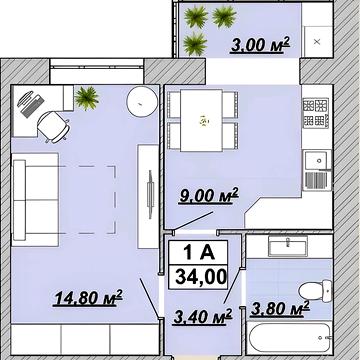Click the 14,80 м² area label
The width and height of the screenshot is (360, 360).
(x=88, y=298)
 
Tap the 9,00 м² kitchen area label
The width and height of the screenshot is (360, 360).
(x=209, y=196)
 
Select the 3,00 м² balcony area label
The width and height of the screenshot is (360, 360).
(x=260, y=45)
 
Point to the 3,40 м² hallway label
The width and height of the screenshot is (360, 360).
(x=203, y=316)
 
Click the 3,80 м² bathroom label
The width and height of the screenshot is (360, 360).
(x=280, y=308)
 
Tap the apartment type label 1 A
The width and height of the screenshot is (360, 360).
(x=199, y=253)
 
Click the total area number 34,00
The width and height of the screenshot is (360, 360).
(x=201, y=277)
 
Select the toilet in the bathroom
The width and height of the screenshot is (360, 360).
(x=315, y=291)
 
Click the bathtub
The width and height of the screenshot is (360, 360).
(x=289, y=338)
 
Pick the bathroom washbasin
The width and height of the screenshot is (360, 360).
(x=288, y=246)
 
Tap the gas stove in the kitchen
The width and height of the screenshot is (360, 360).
(x=316, y=113)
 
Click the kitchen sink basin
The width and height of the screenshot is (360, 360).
(x=317, y=160)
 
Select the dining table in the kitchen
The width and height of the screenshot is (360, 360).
(x=201, y=120)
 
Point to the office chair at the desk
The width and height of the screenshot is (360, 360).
(x=54, y=127)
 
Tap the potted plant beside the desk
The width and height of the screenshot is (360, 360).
(x=87, y=98)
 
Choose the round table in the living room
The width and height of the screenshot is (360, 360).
(x=143, y=101)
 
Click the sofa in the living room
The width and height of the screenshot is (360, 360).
(x=35, y=200)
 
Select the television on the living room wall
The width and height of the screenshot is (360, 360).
(x=151, y=194)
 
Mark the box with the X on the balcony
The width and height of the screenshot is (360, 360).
(x=318, y=42)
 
